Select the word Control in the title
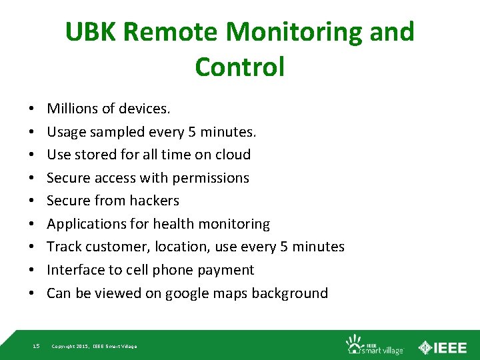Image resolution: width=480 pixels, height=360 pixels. [239, 67]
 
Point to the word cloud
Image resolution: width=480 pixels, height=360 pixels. [230, 154]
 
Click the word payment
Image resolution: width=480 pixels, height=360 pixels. [225, 269]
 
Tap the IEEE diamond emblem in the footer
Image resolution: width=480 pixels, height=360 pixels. [425, 346]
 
